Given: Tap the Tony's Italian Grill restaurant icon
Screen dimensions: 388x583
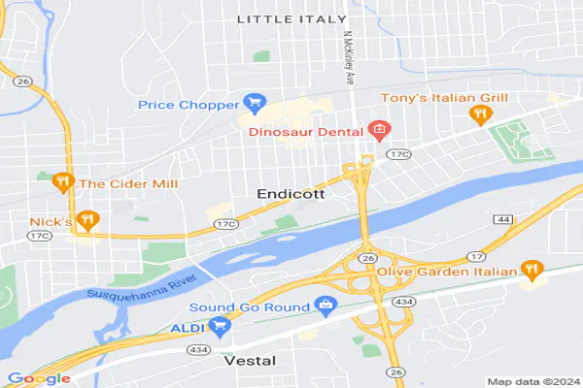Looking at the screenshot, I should coord(478,115).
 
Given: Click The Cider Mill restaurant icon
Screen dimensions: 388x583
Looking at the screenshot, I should coord(62,181).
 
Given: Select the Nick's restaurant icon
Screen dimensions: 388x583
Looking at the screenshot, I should coord(87,220).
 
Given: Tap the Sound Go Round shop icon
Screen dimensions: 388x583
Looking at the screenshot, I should coord(326,307).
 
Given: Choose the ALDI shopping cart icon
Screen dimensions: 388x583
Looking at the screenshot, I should coord(223,327).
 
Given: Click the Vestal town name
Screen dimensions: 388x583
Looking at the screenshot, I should coord(250,360).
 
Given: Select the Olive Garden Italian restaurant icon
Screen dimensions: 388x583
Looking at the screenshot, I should coord(531,269).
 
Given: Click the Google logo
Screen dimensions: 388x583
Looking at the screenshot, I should coord(39,378).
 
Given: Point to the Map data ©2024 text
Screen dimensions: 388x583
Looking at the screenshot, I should coord(532,381).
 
